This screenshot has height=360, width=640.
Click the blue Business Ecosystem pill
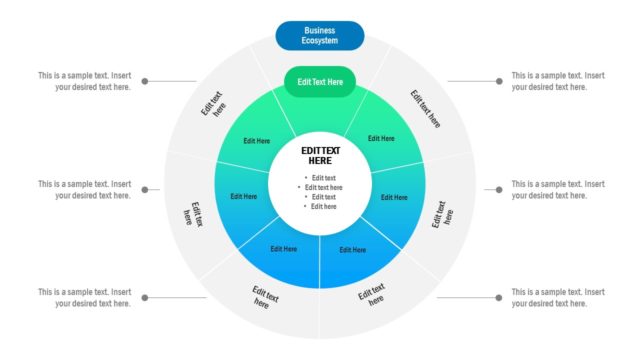pos(320,36)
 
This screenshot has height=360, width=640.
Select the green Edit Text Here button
pos(320,82)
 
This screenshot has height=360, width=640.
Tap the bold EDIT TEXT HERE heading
pos(320,156)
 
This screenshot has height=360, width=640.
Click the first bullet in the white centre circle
pos(323,178)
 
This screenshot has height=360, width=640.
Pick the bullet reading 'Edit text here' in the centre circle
pos(322,187)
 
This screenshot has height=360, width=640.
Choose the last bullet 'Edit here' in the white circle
pos(322,206)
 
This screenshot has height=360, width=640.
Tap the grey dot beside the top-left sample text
pos(145,81)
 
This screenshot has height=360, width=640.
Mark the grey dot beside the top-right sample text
pos(497,81)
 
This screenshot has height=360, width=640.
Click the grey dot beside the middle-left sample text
pos(145,189)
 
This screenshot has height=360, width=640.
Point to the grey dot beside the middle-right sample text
pos(497,189)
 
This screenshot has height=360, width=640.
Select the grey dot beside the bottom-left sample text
pos(145,297)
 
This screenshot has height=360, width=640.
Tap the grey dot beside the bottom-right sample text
pos(497,297)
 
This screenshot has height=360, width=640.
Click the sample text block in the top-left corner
pos(84,81)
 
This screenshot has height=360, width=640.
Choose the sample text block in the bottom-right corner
pos(558,297)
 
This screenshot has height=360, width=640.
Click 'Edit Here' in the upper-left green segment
pos(257,141)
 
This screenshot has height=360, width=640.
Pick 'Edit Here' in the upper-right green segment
pos(381,139)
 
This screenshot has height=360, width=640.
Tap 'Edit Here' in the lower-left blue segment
pos(283,249)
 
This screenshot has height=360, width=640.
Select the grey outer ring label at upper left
pos(213,105)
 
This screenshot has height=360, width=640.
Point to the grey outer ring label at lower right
pos(371,296)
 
